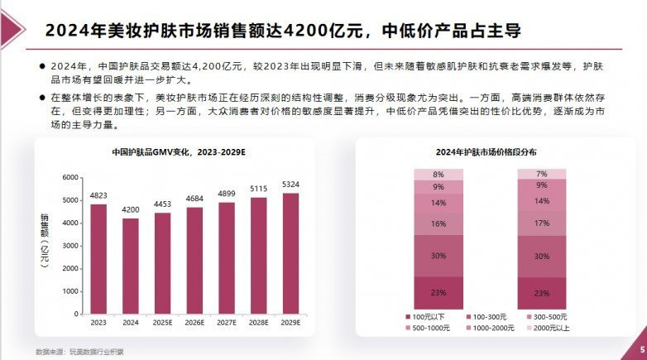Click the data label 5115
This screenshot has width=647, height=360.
pos(258,189)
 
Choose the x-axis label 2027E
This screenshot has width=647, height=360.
pos(226,323)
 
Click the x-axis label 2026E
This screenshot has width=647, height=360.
pos(194,323)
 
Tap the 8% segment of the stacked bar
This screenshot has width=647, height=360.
pos(438,175)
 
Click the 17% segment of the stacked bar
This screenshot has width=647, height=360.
pos(541,223)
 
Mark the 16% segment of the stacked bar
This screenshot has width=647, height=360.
pos(438,223)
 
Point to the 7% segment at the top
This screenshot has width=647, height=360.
pos(541,174)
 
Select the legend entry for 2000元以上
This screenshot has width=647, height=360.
pos(548,329)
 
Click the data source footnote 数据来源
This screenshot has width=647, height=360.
pos(79,351)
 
